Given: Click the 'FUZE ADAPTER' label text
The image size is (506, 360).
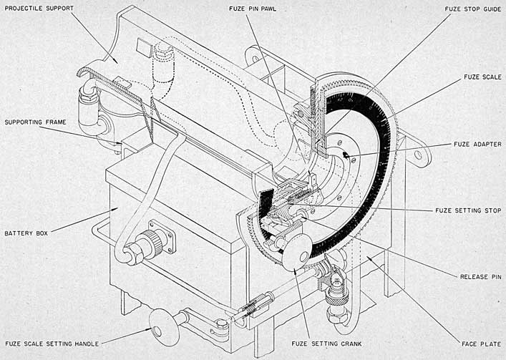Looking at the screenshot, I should [477, 145].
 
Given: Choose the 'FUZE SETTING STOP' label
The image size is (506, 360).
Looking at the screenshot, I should [468, 210].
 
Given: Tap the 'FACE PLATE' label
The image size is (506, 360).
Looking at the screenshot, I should [482, 344].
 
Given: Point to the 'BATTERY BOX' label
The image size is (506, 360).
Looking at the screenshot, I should [26, 233].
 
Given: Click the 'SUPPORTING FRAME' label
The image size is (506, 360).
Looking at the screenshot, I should [35, 122].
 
